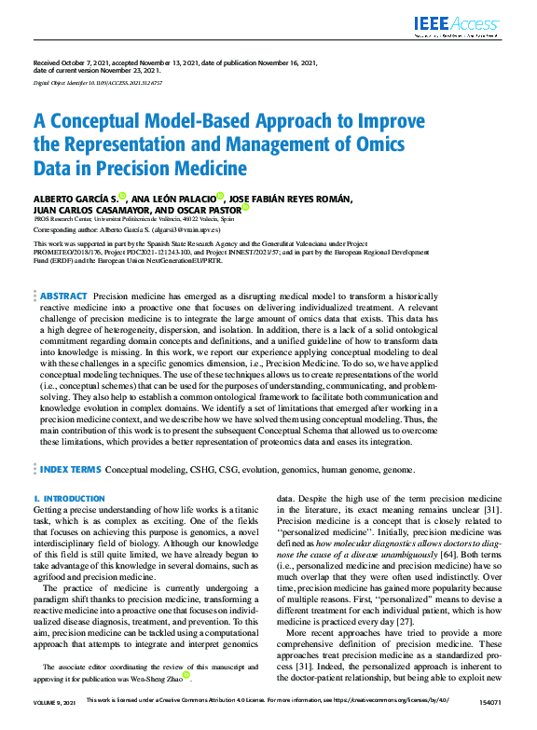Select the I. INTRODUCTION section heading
pos(69,500)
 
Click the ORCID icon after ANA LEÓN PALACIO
pos(220,196)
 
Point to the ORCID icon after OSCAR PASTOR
pos(246,209)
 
